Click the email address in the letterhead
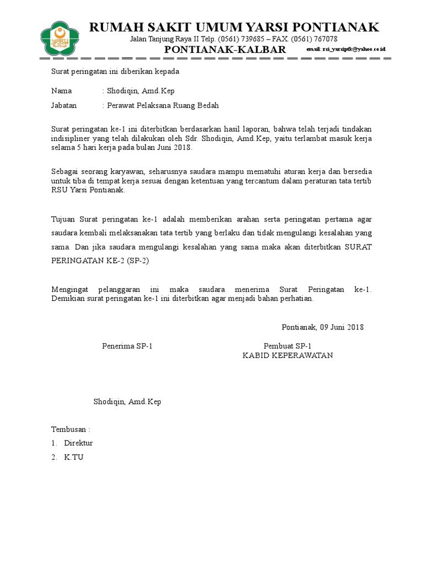tap(346, 50)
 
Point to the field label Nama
tap(62, 91)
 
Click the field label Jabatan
tap(64, 106)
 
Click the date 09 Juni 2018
tap(340, 327)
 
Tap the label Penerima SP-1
tap(127, 346)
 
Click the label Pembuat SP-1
tap(288, 346)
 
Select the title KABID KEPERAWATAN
tap(288, 356)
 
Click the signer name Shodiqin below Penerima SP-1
tap(127, 402)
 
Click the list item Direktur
tap(79, 443)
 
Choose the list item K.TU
tap(74, 457)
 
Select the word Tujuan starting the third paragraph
tap(64, 218)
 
